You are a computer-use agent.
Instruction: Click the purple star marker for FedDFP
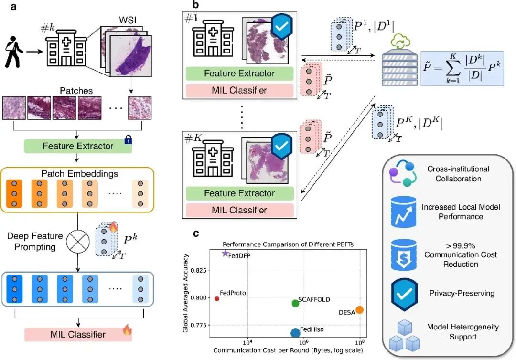pyautogui.click(x=225, y=253)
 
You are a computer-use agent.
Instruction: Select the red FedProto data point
pyautogui.click(x=217, y=299)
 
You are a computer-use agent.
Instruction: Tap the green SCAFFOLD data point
pyautogui.click(x=296, y=303)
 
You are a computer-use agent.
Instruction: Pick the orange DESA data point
pyautogui.click(x=360, y=310)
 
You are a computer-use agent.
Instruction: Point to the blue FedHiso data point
pyautogui.click(x=296, y=333)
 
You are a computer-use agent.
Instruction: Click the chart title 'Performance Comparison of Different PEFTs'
pyautogui.click(x=288, y=244)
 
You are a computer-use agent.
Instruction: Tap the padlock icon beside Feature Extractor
pyautogui.click(x=128, y=140)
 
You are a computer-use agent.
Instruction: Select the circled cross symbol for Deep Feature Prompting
pyautogui.click(x=78, y=241)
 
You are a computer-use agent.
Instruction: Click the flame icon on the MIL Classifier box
pyautogui.click(x=127, y=330)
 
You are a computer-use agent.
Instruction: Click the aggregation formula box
pyautogui.click(x=462, y=69)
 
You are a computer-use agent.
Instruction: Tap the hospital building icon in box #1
pyautogui.click(x=213, y=38)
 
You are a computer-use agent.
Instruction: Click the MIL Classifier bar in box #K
pyautogui.click(x=239, y=210)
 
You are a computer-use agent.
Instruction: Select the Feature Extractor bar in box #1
pyautogui.click(x=239, y=74)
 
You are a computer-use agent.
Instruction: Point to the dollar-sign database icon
pyautogui.click(x=404, y=255)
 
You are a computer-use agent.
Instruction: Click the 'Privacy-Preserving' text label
pyautogui.click(x=462, y=293)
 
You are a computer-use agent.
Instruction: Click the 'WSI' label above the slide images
pyautogui.click(x=128, y=20)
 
